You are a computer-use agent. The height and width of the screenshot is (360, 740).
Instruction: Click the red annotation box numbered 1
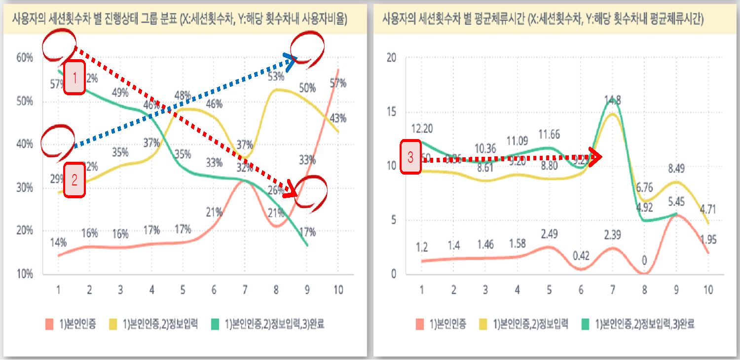click(74, 77)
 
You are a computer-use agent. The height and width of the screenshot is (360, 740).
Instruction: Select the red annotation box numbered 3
click(410, 158)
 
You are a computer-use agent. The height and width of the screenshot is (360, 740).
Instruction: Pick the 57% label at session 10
click(338, 83)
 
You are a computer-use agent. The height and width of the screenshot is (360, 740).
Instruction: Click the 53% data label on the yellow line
click(276, 77)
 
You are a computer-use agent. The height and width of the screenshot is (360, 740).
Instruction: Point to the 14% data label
click(58, 242)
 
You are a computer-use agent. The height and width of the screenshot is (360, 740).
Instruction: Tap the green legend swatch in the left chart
click(216, 324)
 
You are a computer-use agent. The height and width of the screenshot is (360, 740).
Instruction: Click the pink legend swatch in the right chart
click(420, 324)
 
